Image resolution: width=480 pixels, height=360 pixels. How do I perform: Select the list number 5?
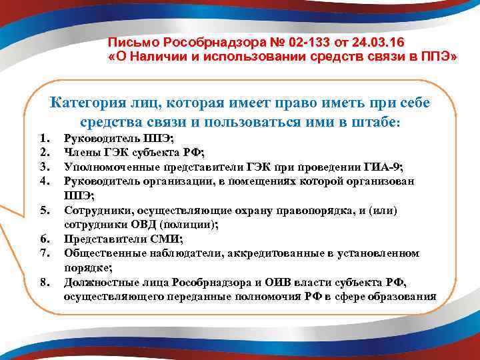coord(45,211)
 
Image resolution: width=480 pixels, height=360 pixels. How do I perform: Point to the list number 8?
coord(45,282)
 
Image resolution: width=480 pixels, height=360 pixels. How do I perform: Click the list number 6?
coord(45,239)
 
